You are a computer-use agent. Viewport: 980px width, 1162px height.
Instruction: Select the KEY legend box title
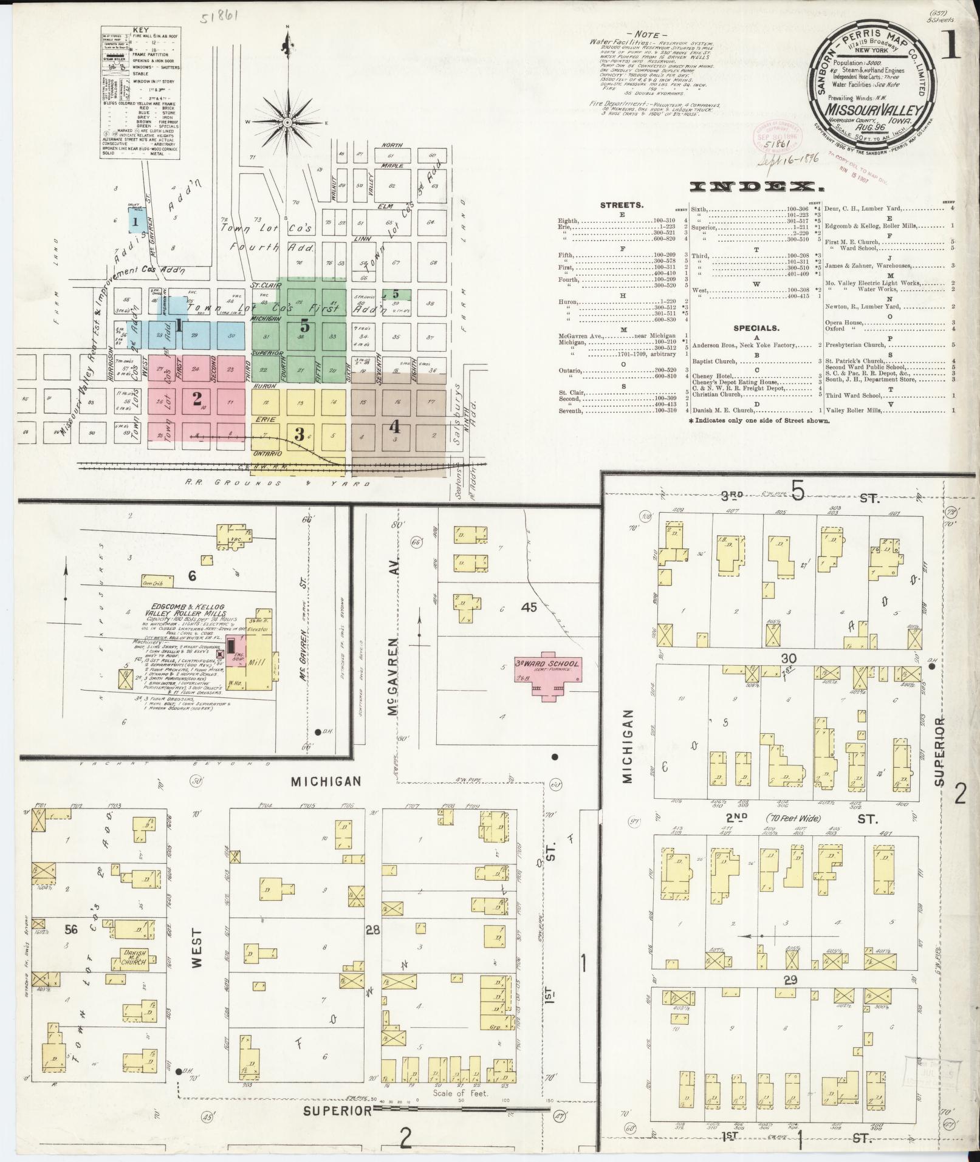(x=141, y=29)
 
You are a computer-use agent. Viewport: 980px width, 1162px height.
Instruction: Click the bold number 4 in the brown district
(x=395, y=428)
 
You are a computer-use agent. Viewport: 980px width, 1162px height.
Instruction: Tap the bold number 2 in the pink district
(x=197, y=398)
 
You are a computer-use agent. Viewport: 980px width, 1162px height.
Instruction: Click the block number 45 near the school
(x=529, y=607)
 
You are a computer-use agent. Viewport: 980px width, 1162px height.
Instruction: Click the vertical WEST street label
(x=196, y=946)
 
